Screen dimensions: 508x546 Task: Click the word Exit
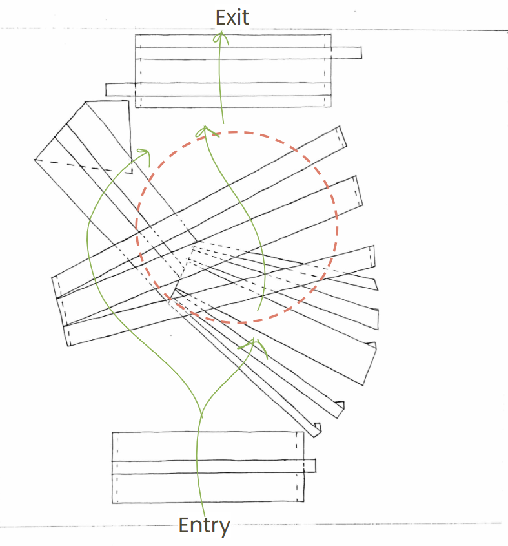[232, 17]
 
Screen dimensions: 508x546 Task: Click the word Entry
[204, 526]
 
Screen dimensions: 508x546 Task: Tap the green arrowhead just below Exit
[221, 37]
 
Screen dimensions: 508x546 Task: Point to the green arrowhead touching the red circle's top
[206, 131]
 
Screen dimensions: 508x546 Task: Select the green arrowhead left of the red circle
[145, 155]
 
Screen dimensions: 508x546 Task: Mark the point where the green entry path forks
[201, 414]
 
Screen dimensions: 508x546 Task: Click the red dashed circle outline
[337, 226]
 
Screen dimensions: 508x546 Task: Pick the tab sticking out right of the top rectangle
[346, 52]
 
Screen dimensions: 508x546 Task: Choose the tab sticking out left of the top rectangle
[121, 89]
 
